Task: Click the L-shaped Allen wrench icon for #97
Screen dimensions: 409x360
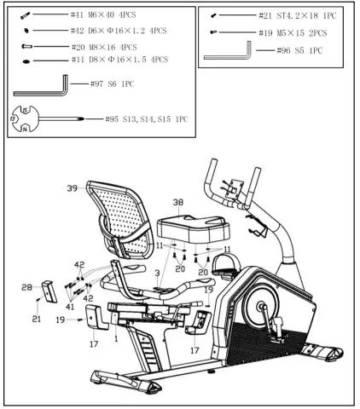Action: [x=42, y=86]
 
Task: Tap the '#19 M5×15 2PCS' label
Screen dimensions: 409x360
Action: [x=295, y=32]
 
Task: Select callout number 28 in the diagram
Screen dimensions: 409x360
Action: [x=26, y=288]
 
